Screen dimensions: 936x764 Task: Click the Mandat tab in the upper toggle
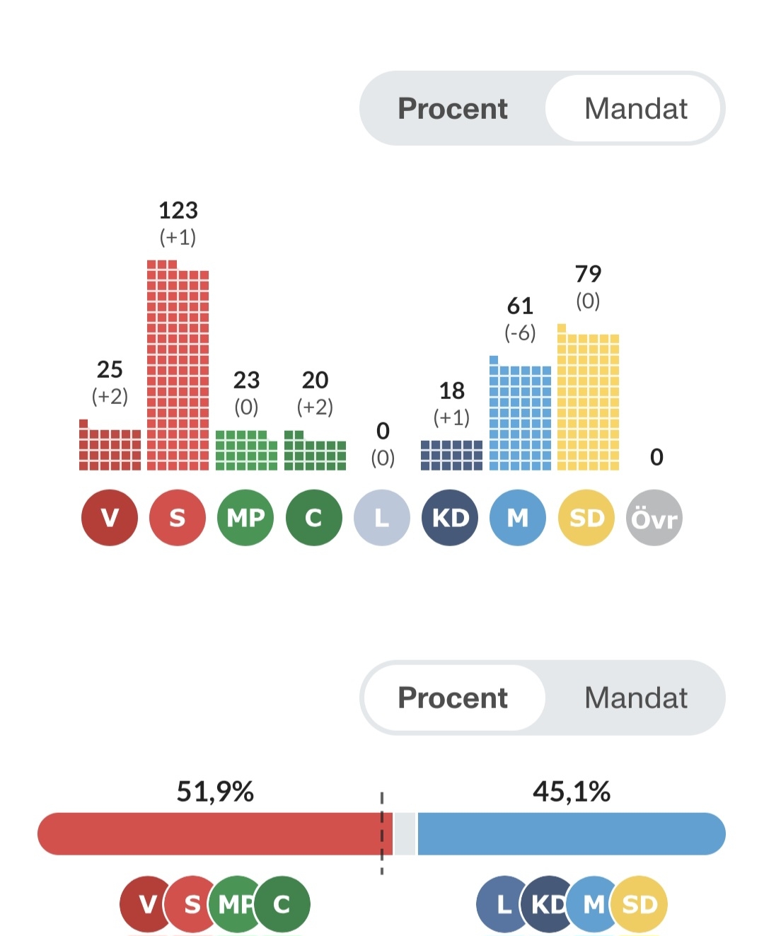click(x=635, y=109)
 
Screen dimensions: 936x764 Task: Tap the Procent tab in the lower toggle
click(x=453, y=698)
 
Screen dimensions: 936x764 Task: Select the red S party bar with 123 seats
click(x=178, y=368)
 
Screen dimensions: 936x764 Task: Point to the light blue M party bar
click(x=520, y=417)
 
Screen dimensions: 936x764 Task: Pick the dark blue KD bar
click(x=451, y=455)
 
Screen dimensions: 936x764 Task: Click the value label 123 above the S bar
click(x=178, y=210)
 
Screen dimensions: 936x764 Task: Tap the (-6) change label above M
click(x=520, y=333)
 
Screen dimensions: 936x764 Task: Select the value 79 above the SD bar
click(x=588, y=274)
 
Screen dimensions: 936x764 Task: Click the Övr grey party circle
click(x=654, y=519)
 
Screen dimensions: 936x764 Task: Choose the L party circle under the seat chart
click(x=382, y=519)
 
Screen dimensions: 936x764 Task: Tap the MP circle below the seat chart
click(x=245, y=519)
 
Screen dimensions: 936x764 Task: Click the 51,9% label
click(x=215, y=792)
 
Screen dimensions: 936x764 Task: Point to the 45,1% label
click(x=572, y=792)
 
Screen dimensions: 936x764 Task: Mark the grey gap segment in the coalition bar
click(x=405, y=834)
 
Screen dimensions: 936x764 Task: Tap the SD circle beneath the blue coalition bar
click(x=639, y=904)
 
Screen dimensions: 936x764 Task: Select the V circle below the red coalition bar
click(x=146, y=904)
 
